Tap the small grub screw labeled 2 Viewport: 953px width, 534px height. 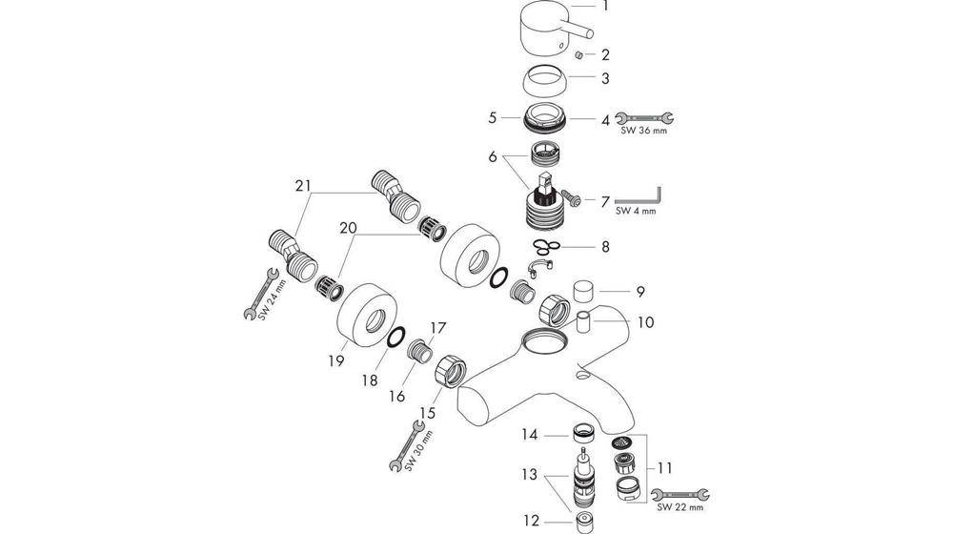pyautogui.click(x=578, y=55)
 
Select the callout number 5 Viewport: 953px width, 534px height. pyautogui.click(x=492, y=119)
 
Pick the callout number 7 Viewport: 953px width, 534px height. pyautogui.click(x=604, y=202)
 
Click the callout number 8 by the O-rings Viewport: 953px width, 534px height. pyautogui.click(x=604, y=247)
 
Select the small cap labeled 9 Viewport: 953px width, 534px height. pyautogui.click(x=583, y=290)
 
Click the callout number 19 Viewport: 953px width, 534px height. pyautogui.click(x=335, y=360)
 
